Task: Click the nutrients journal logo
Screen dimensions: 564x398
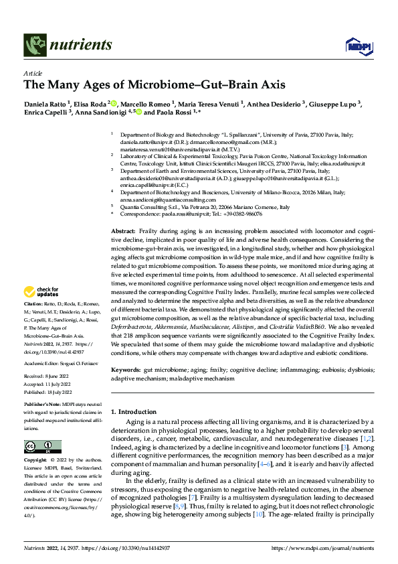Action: (x=68, y=45)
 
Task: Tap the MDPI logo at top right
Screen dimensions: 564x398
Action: (x=355, y=44)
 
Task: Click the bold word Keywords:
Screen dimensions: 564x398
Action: (x=126, y=369)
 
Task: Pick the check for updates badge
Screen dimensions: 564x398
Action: (x=41, y=292)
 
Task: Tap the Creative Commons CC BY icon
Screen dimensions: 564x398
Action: (x=43, y=446)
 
